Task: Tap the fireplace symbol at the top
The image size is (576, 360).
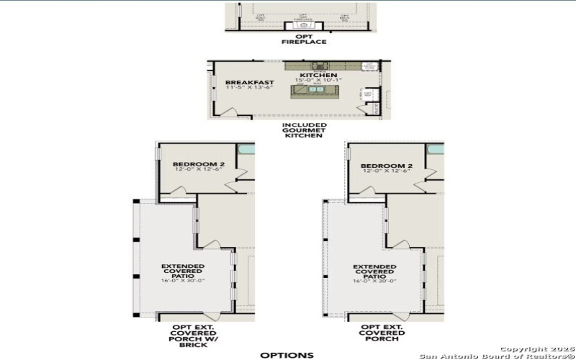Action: coord(303,27)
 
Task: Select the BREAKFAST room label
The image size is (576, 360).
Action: coord(243,82)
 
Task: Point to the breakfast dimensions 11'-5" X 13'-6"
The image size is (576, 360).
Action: coord(244,89)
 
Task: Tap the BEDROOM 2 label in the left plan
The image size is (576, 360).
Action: coord(199,165)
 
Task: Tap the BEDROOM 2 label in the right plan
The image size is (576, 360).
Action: coord(387,165)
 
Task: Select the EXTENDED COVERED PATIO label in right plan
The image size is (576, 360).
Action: coord(374,271)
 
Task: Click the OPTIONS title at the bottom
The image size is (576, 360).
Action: coord(287,354)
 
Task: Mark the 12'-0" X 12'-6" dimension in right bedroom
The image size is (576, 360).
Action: coord(387,171)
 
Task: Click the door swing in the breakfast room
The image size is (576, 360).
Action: coord(232,112)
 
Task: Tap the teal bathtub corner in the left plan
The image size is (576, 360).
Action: coord(246,150)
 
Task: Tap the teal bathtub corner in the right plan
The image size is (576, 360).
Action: coord(435,150)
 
